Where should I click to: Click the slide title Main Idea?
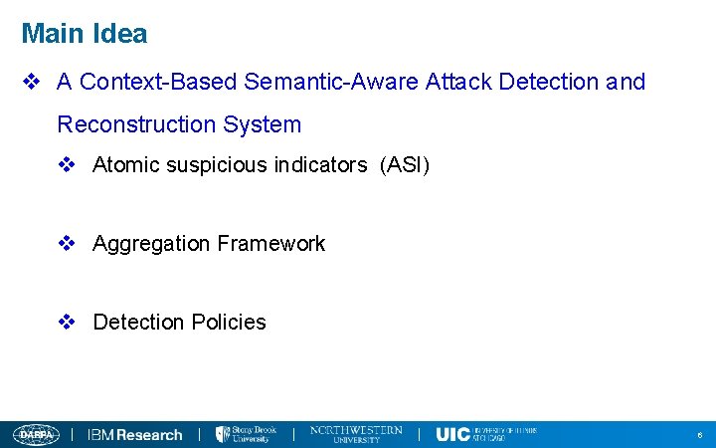tap(85, 34)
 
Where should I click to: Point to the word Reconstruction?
tap(136, 124)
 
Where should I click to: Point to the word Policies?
tap(229, 323)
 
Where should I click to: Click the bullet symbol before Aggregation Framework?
tap(68, 244)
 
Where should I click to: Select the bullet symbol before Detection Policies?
tap(68, 323)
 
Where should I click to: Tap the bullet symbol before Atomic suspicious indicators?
tap(68, 165)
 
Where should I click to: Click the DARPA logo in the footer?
tap(36, 434)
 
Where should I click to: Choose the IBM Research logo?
tap(135, 434)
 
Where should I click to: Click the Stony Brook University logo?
tap(247, 434)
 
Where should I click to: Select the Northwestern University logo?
tap(356, 433)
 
